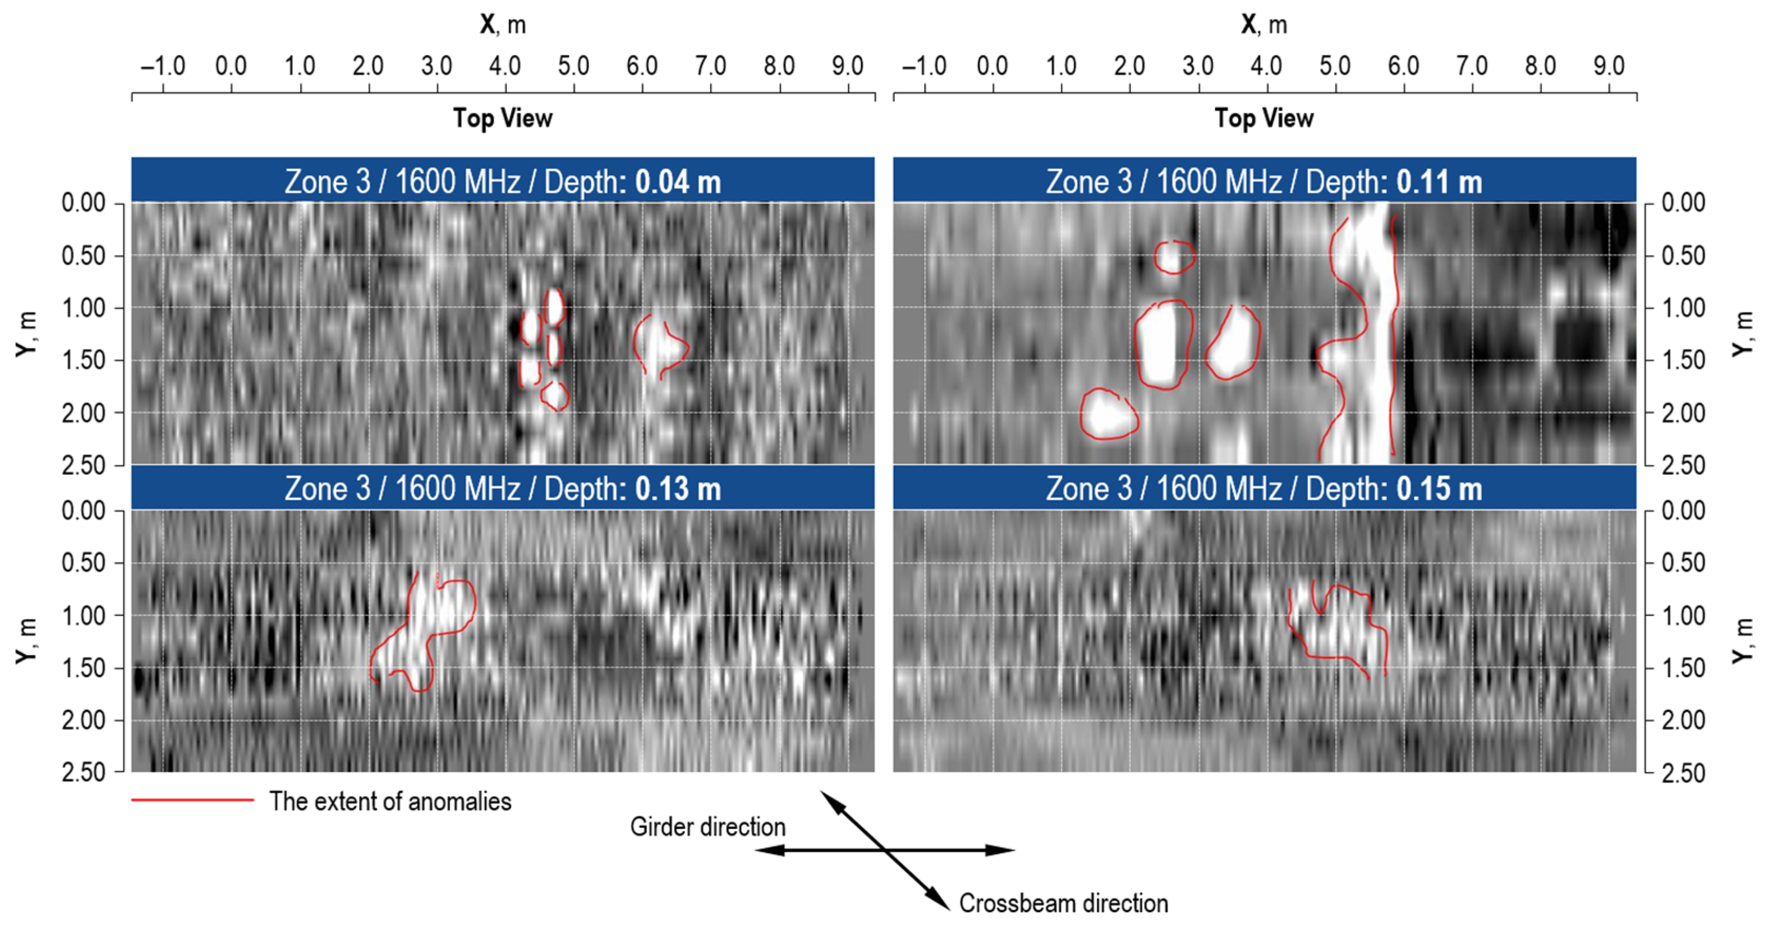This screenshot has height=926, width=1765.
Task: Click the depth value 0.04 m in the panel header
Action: click(x=678, y=182)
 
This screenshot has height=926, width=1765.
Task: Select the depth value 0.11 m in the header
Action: click(x=1439, y=182)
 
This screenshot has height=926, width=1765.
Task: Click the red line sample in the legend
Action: click(x=192, y=800)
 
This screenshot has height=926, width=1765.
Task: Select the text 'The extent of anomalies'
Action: click(x=390, y=801)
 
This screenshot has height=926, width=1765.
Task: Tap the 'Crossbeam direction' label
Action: click(x=1063, y=903)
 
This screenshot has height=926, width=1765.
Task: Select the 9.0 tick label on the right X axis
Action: click(x=1608, y=66)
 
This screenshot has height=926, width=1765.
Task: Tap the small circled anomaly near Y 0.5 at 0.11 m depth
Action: click(x=1174, y=257)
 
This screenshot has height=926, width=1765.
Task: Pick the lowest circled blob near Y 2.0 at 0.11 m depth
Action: click(x=1108, y=414)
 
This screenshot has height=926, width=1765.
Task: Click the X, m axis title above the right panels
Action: click(x=1264, y=25)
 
